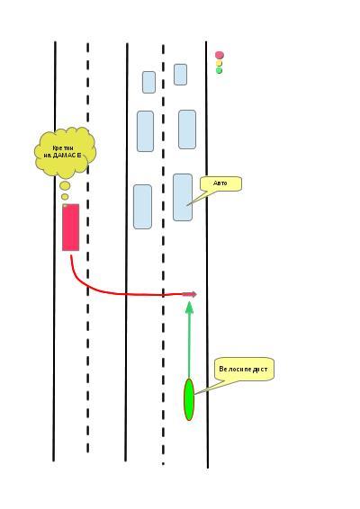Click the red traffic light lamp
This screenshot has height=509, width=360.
click(220, 55)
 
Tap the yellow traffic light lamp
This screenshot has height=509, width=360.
click(219, 63)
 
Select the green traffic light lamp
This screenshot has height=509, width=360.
click(219, 70)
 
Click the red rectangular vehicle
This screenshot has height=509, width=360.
click(71, 228)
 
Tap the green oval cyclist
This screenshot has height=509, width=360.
click(189, 399)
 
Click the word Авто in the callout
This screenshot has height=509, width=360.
click(220, 183)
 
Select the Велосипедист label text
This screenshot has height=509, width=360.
click(243, 369)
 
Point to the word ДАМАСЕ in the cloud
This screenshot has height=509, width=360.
click(67, 156)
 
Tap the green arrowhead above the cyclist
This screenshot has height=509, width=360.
click(189, 307)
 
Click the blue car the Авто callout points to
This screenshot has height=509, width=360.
click(183, 197)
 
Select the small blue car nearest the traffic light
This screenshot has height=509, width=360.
click(180, 75)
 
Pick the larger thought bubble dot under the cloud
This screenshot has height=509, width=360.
click(65, 185)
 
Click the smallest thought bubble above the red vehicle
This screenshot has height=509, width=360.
click(65, 197)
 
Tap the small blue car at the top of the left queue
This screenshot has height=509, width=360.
click(148, 82)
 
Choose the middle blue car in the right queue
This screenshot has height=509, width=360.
click(187, 129)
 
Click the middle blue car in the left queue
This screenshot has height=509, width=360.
click(145, 131)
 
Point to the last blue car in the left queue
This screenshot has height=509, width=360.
click(142, 207)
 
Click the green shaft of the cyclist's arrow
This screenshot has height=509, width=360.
click(189, 345)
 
